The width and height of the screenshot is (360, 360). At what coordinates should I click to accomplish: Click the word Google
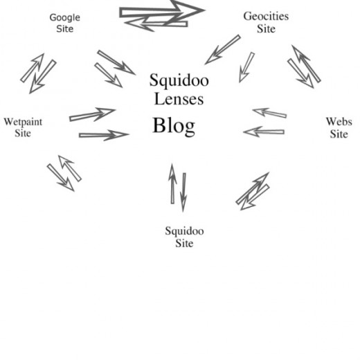(65, 18)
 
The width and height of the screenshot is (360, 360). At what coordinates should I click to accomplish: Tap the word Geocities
(266, 17)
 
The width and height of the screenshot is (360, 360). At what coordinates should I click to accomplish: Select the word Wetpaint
(23, 123)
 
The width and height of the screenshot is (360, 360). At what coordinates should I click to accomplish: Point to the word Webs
(339, 122)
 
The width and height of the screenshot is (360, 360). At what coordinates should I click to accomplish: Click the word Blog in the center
(174, 126)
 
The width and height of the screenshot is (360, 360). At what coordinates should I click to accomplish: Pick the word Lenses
(179, 99)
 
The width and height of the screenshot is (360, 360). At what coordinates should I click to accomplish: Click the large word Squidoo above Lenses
(179, 80)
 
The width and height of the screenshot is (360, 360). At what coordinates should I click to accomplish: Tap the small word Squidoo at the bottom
(184, 231)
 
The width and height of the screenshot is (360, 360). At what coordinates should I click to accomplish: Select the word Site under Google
(65, 29)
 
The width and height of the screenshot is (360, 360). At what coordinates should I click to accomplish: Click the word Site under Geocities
(267, 29)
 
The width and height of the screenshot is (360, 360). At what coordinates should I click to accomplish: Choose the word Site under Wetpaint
(23, 134)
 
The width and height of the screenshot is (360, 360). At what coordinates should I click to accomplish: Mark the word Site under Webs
(339, 134)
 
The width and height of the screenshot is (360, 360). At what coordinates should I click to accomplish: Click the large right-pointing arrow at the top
(161, 11)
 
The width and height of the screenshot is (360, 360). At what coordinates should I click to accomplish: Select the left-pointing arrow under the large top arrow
(156, 24)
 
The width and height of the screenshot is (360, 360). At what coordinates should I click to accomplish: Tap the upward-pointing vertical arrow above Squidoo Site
(172, 183)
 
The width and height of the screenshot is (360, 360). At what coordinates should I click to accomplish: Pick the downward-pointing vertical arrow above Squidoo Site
(183, 192)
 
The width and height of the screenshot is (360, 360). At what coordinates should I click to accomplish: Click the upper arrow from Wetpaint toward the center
(92, 114)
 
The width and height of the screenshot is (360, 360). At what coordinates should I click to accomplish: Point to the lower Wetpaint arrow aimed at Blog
(104, 135)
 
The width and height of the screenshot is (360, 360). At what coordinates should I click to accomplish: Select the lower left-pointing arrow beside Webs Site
(264, 132)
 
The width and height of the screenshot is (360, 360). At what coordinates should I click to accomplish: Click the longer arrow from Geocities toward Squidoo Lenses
(222, 50)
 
